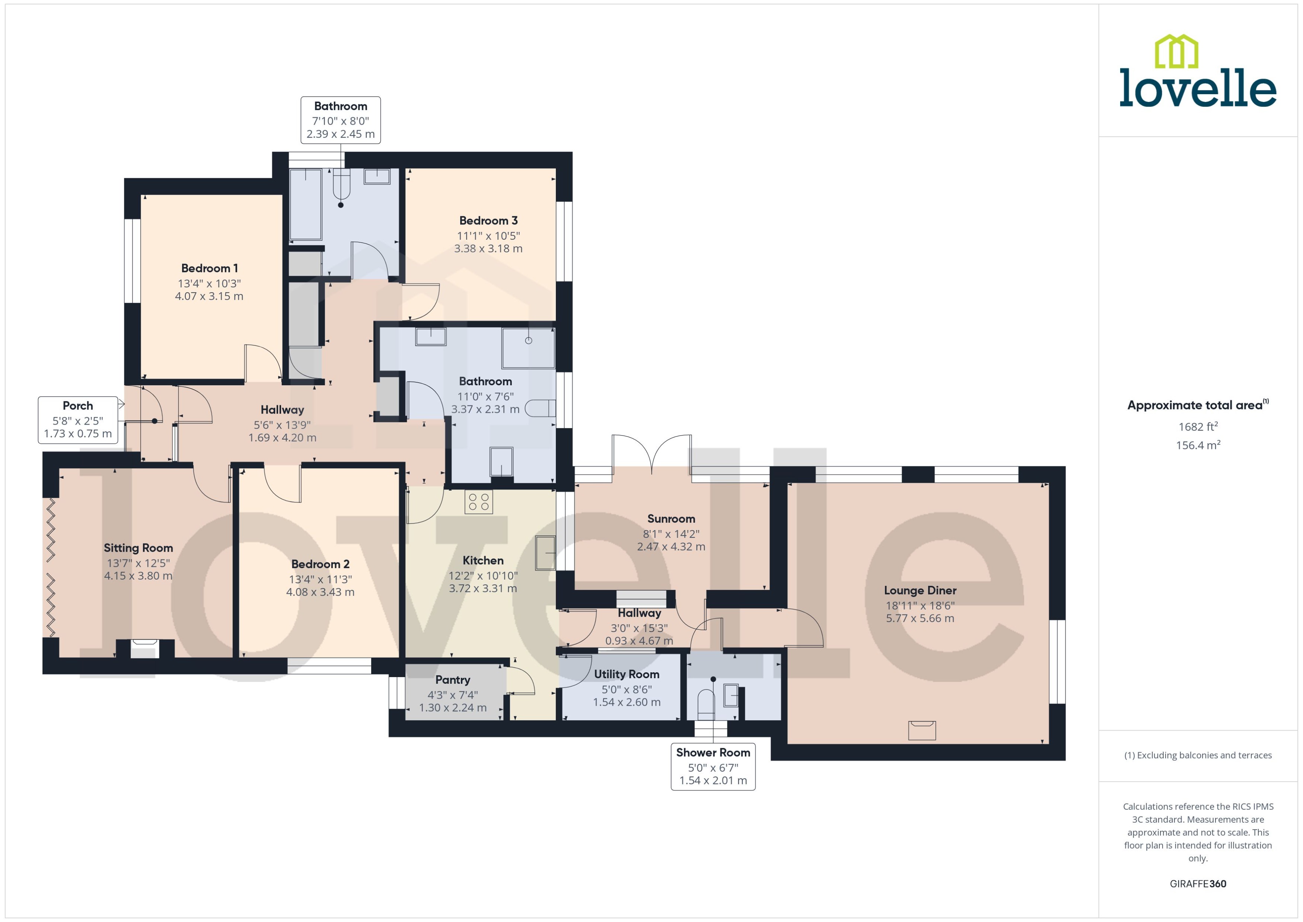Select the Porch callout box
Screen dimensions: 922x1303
(78, 419)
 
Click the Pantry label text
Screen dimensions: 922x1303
(452, 680)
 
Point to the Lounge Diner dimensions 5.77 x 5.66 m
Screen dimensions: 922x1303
(920, 618)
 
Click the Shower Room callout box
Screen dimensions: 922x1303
(713, 766)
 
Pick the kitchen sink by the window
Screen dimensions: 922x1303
(545, 552)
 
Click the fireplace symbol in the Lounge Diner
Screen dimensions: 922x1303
(921, 730)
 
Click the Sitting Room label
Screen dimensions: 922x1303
(138, 548)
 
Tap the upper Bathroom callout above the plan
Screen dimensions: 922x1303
(340, 120)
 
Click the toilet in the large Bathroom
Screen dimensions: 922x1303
(539, 408)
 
